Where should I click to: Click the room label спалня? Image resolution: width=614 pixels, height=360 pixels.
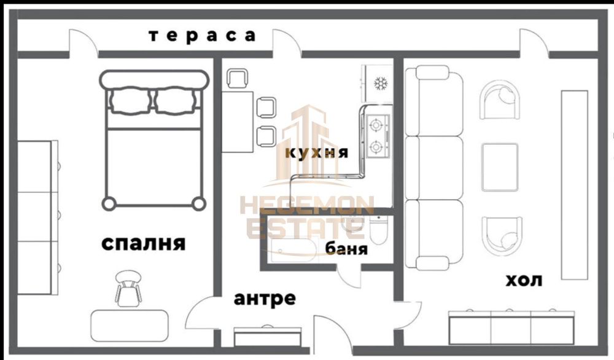click(x=142, y=244)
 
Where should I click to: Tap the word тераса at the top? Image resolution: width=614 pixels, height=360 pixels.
click(x=202, y=36)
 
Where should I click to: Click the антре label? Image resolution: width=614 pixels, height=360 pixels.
click(x=265, y=299)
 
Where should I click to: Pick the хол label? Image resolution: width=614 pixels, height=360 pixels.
click(x=523, y=281)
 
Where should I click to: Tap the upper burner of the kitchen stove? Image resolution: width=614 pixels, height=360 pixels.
click(x=376, y=125)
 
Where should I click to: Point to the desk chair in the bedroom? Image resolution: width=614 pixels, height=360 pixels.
click(x=128, y=288)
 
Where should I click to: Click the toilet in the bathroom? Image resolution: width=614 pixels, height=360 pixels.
click(x=377, y=233)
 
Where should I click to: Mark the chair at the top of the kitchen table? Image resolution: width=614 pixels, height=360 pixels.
click(x=238, y=79)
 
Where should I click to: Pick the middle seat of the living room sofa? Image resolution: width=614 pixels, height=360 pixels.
click(x=434, y=167)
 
